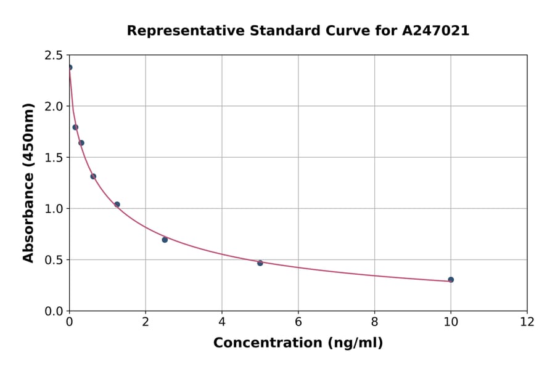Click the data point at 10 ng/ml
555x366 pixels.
point(451,280)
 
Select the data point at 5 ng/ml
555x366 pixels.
point(260,263)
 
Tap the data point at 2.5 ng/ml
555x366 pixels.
point(165,240)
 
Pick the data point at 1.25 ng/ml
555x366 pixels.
point(117,205)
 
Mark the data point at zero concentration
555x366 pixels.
point(70,68)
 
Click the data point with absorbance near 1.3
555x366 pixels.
point(93,176)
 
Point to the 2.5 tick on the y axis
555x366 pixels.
point(54,55)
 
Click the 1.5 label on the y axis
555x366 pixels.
point(54,158)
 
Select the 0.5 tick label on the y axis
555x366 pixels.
point(54,260)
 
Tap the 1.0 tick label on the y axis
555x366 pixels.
point(54,209)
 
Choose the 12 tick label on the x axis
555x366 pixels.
point(527,322)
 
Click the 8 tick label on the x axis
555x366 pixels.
point(374,322)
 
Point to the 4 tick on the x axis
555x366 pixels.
point(222,322)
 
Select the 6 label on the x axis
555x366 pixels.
point(298,322)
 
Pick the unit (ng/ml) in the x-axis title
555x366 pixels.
point(355,343)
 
